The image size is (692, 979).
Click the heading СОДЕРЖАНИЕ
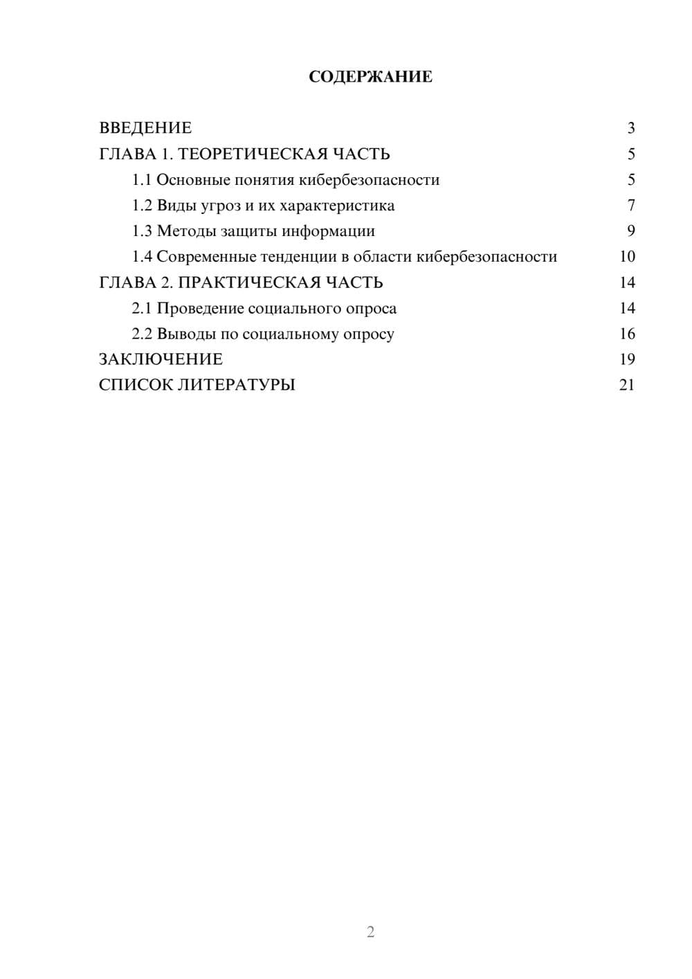coord(370,77)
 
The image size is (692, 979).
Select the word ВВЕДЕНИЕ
coord(145,128)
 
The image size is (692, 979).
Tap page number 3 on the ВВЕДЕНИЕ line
coord(631,128)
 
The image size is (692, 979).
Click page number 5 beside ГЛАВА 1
coord(631,154)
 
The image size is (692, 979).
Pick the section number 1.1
coord(142,180)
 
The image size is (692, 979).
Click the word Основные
coord(191,180)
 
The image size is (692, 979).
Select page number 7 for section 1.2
coord(631,206)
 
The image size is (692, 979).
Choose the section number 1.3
coord(142,231)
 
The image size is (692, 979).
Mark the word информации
coord(328,231)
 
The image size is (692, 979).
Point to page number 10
coord(627,257)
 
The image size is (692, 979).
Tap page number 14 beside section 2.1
coord(627,308)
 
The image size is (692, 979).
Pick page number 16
coord(627,334)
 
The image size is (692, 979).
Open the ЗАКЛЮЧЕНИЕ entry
coord(161,359)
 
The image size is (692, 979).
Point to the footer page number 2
coord(370,932)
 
